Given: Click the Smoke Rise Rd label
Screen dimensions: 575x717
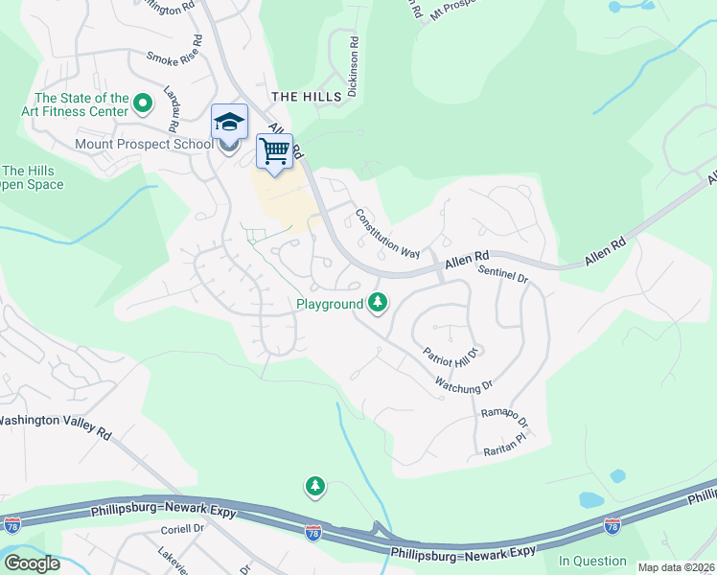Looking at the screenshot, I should tap(174, 51).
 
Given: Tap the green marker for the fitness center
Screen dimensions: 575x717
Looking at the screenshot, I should tap(144, 102).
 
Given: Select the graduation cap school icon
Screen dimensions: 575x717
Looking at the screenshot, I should tap(229, 122).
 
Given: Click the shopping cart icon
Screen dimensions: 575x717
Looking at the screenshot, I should tap(274, 151).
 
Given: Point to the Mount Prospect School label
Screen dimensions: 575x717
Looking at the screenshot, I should tap(144, 145).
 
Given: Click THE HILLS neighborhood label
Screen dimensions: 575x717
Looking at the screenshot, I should tap(307, 97).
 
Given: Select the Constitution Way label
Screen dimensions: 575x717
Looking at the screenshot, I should tap(388, 234).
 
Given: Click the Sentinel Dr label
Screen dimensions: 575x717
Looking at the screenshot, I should tap(503, 274).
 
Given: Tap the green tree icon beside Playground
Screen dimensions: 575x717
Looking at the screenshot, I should tap(379, 303).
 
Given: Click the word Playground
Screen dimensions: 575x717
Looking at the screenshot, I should tap(329, 304).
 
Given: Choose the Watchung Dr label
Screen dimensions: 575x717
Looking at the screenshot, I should tap(463, 385).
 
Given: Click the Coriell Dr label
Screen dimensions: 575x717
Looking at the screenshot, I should tap(184, 528).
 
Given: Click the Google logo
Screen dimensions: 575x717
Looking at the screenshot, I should tap(31, 563).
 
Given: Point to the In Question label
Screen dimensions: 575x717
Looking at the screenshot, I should tap(592, 561).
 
